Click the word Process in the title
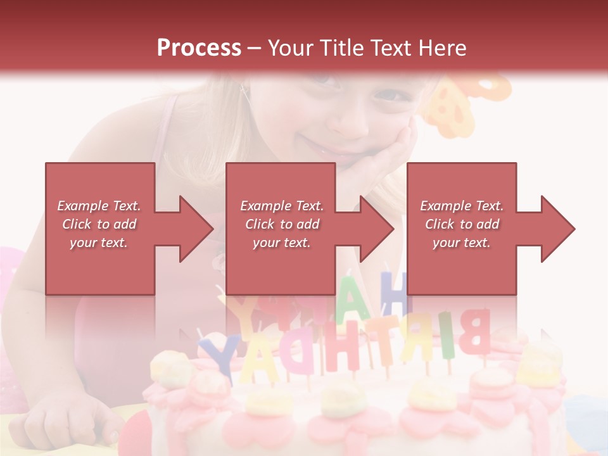pos(199,47)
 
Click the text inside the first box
pos(99,224)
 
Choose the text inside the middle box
pos(282,224)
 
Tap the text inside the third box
pos(462,224)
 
